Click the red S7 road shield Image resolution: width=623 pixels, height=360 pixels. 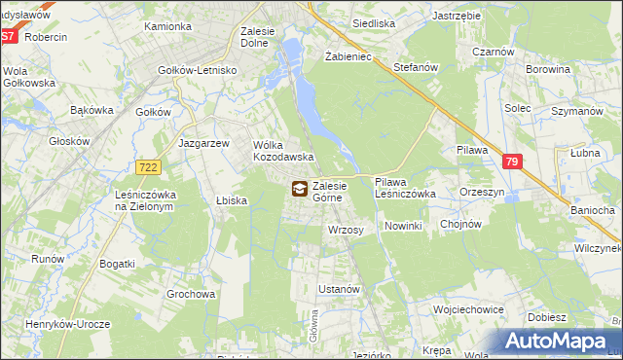tap(8, 37)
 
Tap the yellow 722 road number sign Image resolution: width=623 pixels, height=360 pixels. tap(147, 168)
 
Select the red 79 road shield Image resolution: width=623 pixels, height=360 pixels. tap(513, 163)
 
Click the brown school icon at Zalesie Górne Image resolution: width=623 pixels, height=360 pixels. tap(298, 189)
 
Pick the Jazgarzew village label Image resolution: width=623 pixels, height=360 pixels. tap(204, 142)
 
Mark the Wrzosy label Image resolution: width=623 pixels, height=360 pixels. tap(346, 230)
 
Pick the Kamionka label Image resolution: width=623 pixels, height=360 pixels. tap(167, 26)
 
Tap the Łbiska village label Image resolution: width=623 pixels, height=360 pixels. tap(232, 200)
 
